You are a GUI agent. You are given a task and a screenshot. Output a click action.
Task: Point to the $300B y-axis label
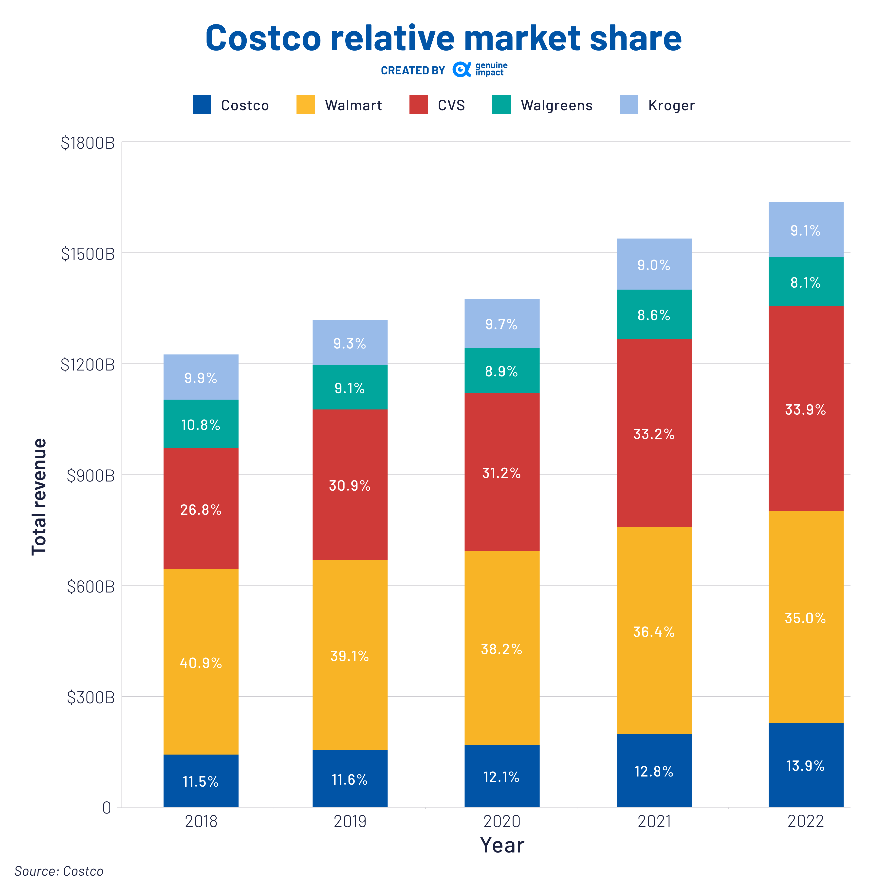tap(91, 697)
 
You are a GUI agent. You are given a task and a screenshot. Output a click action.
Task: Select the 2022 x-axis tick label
tap(805, 821)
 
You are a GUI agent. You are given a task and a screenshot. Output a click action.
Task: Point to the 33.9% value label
tap(805, 409)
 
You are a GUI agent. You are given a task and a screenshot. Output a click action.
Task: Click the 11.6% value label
tap(350, 779)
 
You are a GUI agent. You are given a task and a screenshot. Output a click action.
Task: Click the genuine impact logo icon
tap(462, 69)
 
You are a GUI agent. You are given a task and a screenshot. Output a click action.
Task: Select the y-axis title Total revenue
tap(39, 496)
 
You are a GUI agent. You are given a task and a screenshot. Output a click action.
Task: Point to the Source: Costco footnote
tap(59, 871)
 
